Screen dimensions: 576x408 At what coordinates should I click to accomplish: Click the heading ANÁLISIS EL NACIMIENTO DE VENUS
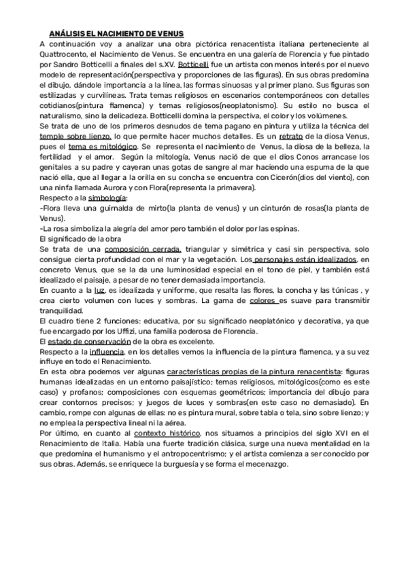116,33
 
